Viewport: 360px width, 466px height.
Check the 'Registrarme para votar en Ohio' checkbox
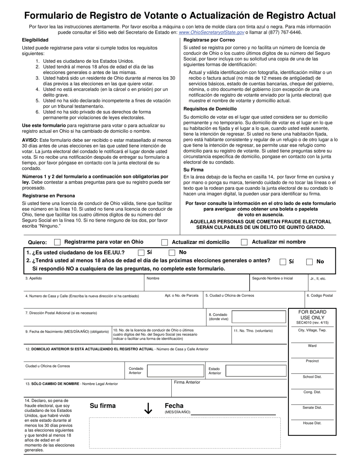pyautogui.click(x=58, y=242)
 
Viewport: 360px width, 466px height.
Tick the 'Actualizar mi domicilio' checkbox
pyautogui.click(x=165, y=242)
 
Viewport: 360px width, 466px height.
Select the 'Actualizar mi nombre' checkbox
pyautogui.click(x=244, y=242)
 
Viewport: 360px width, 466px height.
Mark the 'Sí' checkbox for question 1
pyautogui.click(x=141, y=253)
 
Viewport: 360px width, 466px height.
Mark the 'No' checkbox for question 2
pyautogui.click(x=309, y=262)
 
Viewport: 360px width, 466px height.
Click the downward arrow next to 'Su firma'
pyautogui.click(x=148, y=408)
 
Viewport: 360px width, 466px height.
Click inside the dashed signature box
pyautogui.click(x=185, y=433)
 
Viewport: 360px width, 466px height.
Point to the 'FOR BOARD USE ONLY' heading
pyautogui.click(x=312, y=315)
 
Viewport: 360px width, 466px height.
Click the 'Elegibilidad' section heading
pyautogui.click(x=35, y=40)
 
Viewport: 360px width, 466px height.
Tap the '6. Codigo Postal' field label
pyautogui.click(x=320, y=296)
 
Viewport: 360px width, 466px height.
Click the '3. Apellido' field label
pyautogui.click(x=34, y=278)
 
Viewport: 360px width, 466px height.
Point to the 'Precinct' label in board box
pyautogui.click(x=312, y=361)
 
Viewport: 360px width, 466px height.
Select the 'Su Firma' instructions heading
pyautogui.click(x=193, y=170)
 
